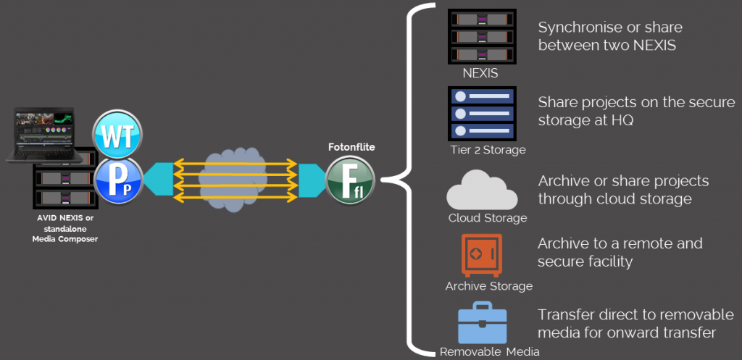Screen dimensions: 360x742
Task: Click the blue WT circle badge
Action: (x=117, y=135)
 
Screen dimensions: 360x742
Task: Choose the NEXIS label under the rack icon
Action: (x=480, y=74)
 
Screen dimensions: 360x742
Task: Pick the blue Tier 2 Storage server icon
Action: (x=481, y=113)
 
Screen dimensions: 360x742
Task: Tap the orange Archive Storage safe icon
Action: (x=481, y=255)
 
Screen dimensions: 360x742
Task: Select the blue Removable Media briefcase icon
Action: (x=482, y=323)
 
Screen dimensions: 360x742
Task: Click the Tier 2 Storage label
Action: (x=487, y=150)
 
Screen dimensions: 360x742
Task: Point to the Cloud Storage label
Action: (x=488, y=217)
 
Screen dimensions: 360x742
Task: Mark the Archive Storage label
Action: (x=488, y=285)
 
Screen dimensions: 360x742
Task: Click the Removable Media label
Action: (x=490, y=353)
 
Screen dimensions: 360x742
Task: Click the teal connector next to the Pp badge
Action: (x=158, y=178)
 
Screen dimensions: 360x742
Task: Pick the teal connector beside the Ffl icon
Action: (x=309, y=178)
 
